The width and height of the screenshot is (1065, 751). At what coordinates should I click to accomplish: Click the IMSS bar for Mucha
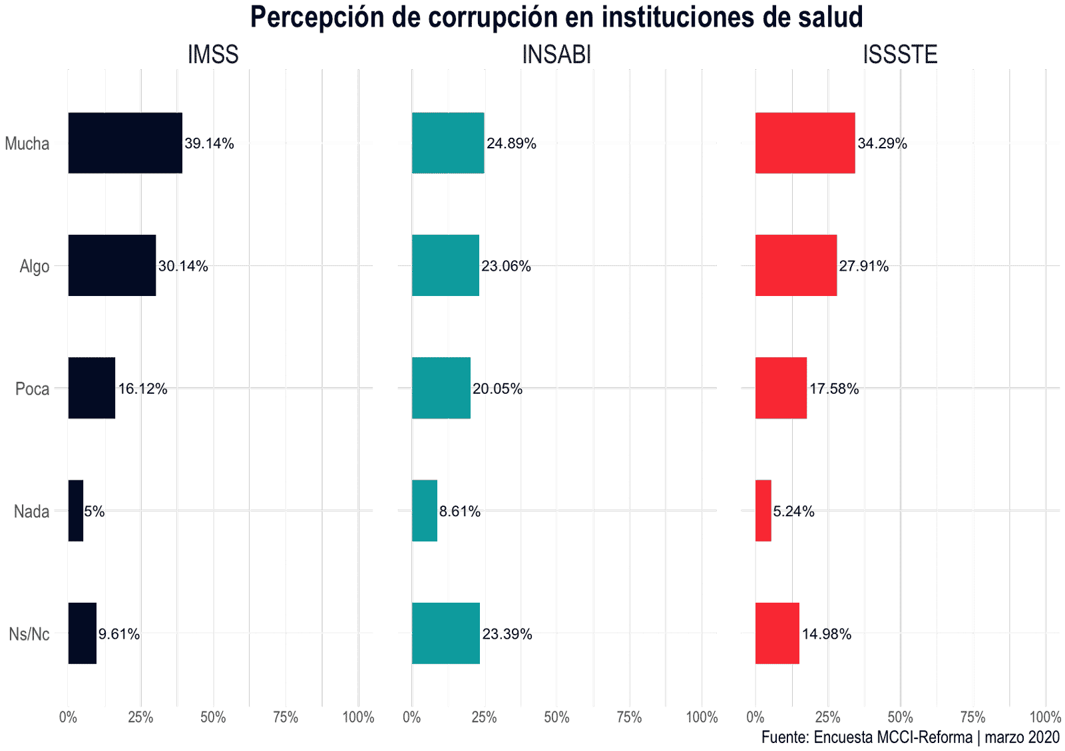click(125, 143)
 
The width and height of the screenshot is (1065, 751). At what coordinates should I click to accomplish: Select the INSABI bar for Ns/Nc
click(445, 633)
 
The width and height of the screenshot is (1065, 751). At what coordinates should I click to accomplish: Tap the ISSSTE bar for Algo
click(795, 265)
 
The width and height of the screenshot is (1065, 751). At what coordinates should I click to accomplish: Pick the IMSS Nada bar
click(76, 511)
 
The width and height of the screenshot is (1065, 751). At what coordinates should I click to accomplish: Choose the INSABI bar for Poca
click(441, 388)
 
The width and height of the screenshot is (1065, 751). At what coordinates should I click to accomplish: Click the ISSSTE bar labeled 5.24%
click(763, 511)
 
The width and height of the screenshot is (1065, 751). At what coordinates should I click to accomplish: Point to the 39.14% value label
click(209, 144)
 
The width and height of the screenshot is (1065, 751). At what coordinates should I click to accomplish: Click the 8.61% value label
click(459, 512)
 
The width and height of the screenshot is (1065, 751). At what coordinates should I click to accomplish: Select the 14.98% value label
click(826, 634)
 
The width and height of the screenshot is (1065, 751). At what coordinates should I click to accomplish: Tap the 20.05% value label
click(497, 388)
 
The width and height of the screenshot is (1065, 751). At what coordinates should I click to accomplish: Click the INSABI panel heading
click(556, 55)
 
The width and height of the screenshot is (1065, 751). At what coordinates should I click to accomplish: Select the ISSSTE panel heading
click(900, 55)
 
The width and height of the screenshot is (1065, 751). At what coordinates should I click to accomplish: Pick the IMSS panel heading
click(213, 55)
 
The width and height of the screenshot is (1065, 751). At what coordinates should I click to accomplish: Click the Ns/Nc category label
click(29, 634)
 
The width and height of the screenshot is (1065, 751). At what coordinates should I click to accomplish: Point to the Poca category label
click(33, 388)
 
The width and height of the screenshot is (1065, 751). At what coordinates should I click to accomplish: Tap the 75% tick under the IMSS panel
click(286, 717)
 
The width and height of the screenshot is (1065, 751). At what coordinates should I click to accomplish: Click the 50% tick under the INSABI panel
click(556, 717)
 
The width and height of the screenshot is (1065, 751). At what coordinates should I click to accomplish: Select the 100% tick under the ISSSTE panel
click(1044, 717)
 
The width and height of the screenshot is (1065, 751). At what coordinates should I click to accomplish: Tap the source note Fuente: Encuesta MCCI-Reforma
click(867, 737)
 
